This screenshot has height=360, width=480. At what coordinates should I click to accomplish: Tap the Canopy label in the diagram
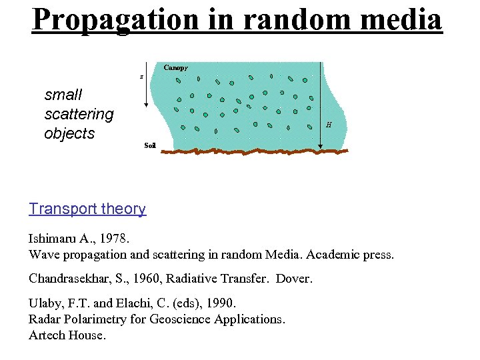(x=175, y=67)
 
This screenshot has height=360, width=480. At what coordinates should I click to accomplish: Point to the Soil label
(x=150, y=145)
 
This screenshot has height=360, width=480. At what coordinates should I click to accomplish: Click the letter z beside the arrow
(x=141, y=77)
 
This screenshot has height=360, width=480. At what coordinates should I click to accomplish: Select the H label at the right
(x=328, y=124)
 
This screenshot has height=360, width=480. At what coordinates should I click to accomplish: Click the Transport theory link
(x=87, y=209)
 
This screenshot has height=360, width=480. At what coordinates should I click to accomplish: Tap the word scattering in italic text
(x=79, y=114)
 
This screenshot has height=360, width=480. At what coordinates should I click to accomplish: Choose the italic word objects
(x=69, y=133)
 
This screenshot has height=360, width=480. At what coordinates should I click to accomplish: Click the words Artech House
(x=67, y=335)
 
